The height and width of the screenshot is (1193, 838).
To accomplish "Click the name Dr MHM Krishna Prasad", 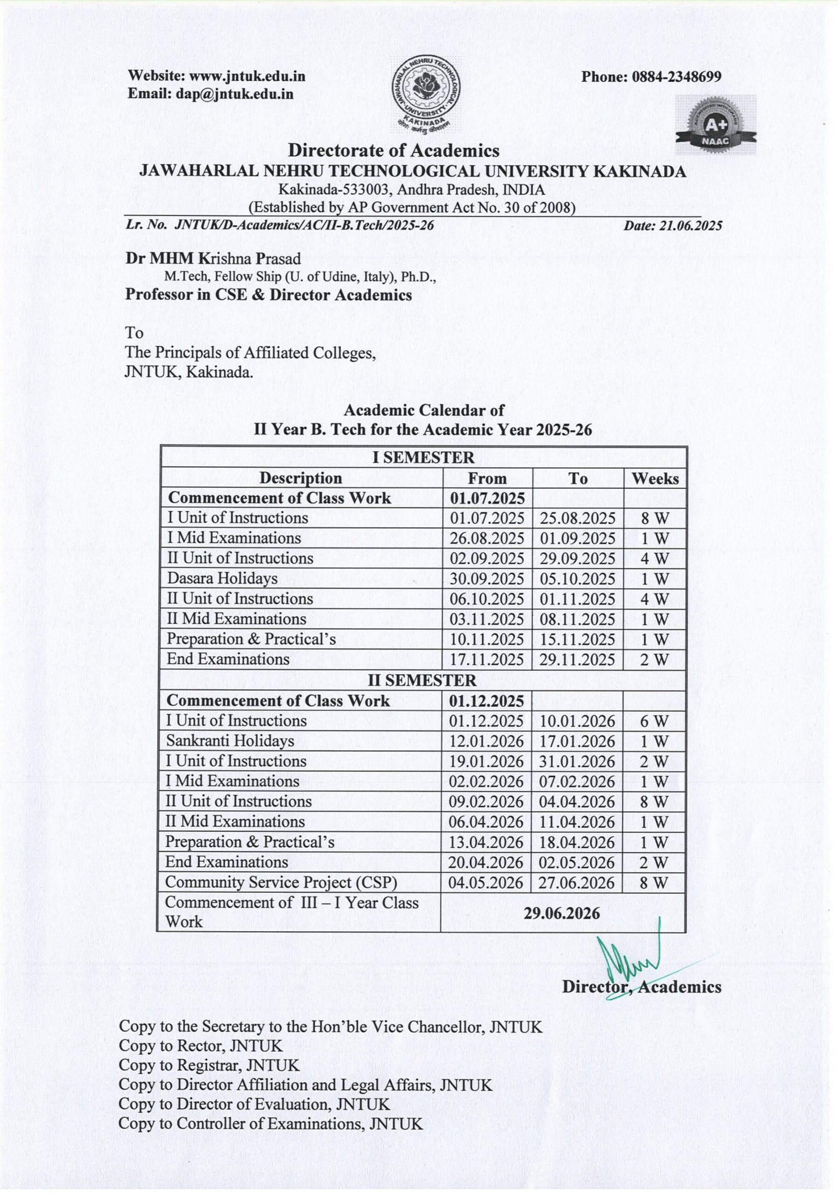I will [213, 259].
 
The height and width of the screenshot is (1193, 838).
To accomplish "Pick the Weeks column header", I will [655, 478].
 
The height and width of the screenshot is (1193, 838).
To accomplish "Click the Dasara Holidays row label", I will [222, 578].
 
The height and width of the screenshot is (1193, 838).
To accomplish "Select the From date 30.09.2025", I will [487, 578].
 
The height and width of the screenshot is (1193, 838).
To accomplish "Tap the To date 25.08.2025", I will [578, 518].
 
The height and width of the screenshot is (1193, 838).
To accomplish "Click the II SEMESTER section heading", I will [422, 680].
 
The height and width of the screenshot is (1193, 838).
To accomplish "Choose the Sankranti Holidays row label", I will [230, 741].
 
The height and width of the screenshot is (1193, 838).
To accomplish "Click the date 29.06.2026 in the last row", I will [562, 913].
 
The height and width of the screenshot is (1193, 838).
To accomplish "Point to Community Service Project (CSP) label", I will [281, 882].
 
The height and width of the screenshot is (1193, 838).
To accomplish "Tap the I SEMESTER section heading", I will [423, 457].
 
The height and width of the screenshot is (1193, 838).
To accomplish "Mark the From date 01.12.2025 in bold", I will [487, 701].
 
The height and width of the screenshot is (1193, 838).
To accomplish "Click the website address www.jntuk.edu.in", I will [247, 76].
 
